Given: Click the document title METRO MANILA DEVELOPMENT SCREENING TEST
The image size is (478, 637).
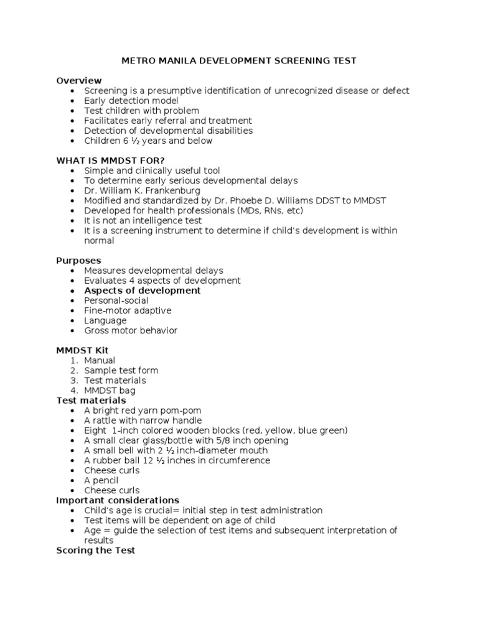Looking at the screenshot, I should click(x=238, y=61).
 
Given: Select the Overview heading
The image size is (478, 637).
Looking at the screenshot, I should click(x=79, y=81).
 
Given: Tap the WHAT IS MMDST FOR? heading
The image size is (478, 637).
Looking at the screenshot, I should click(x=111, y=160).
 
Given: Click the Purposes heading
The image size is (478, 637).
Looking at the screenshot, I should click(x=78, y=261).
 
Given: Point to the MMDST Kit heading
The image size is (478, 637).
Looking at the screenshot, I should click(x=82, y=350).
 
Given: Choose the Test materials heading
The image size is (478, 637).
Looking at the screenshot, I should click(x=91, y=401).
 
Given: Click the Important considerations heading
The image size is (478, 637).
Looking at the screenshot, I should click(x=118, y=500).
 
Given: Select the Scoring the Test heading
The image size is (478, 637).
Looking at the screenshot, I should click(x=95, y=550).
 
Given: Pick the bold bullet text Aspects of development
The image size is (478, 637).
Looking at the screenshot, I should click(x=143, y=291).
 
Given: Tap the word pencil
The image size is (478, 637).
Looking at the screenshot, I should click(x=105, y=480).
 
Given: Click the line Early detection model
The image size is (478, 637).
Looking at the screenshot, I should click(x=131, y=101).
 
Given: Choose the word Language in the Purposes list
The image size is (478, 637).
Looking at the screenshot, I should click(x=105, y=320).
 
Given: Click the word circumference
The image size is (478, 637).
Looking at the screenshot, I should click(x=239, y=460).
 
